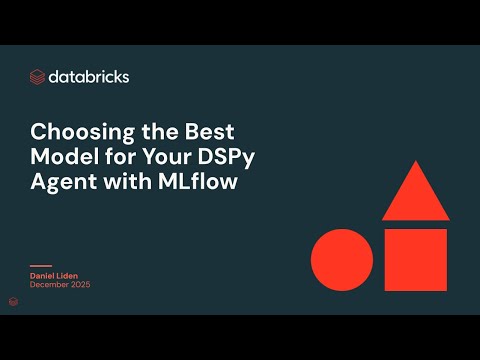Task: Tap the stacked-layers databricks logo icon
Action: coord(38,76)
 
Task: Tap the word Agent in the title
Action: coord(62,183)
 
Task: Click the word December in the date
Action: coord(51,285)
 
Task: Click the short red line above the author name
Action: coord(42,265)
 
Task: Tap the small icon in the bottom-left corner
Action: coord(13,300)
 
